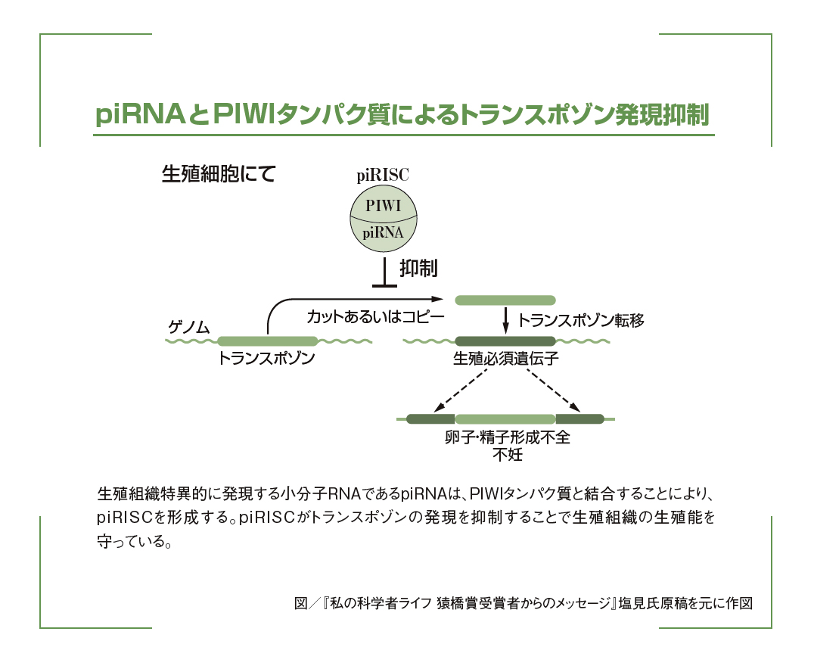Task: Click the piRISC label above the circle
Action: (383, 176)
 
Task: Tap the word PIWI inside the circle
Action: (383, 205)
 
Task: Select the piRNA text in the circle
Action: (383, 232)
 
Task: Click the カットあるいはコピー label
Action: (374, 317)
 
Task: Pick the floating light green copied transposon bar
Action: (505, 300)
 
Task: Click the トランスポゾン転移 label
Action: (580, 321)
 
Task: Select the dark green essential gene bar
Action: (505, 341)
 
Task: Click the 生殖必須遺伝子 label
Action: (505, 359)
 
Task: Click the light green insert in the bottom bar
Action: (505, 418)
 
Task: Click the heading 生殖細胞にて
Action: (219, 175)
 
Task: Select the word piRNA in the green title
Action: (141, 115)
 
